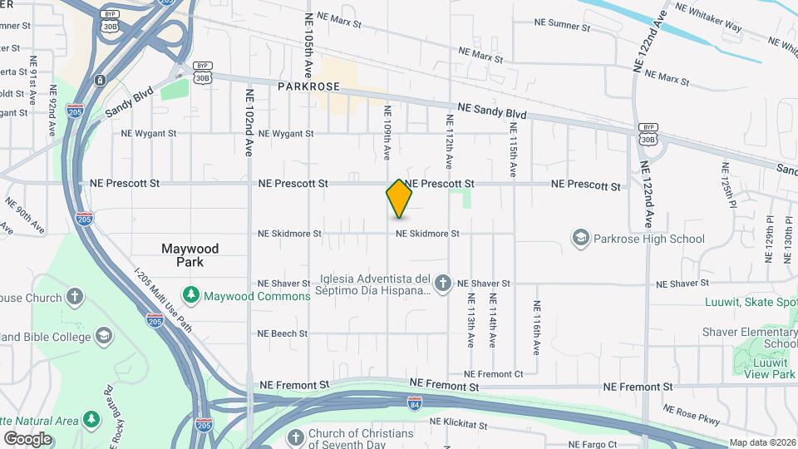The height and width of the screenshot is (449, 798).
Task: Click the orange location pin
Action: (399, 199)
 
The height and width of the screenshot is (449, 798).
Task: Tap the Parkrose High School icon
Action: (580, 239)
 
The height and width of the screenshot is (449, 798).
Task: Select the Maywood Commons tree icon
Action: (192, 294)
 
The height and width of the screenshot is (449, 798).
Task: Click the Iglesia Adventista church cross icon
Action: (443, 284)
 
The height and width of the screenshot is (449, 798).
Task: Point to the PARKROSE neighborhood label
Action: (308, 86)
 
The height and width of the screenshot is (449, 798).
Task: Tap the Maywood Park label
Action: (191, 255)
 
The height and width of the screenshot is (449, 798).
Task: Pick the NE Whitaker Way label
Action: (708, 17)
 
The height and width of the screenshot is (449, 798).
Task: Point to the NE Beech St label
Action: (283, 333)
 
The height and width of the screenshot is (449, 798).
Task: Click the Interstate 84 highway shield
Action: (415, 403)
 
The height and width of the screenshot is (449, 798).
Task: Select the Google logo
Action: (27, 438)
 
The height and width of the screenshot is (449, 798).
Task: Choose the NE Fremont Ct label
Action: (494, 374)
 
